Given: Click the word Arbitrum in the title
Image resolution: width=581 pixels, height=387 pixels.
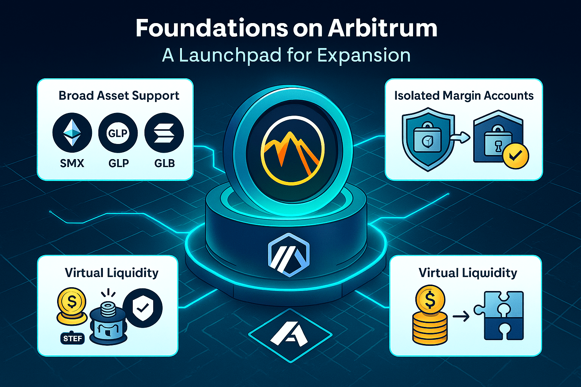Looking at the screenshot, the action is [x=382, y=28].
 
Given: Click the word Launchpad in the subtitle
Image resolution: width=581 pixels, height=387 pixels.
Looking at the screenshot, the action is [x=230, y=56].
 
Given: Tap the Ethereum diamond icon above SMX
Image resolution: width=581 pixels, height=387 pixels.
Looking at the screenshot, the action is [x=72, y=133].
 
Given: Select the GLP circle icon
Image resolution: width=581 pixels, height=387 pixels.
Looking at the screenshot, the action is [x=118, y=133].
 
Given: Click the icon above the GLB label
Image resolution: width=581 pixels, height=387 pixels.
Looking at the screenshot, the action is [x=164, y=133].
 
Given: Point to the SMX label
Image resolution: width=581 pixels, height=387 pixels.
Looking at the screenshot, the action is [x=72, y=163].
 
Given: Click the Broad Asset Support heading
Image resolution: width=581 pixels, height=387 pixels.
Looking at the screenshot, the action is [x=119, y=96].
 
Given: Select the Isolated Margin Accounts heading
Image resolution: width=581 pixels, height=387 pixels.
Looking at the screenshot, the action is [x=464, y=96].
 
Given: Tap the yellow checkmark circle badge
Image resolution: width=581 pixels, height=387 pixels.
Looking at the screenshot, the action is [x=516, y=155].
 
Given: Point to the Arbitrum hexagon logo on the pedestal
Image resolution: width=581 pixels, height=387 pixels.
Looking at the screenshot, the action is [x=289, y=254].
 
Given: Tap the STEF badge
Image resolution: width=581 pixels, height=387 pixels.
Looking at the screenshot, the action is [x=72, y=338].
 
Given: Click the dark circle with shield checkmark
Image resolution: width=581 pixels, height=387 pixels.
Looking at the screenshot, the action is [x=143, y=308].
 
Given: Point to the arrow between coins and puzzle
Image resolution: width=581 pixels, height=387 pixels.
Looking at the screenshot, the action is [x=461, y=316].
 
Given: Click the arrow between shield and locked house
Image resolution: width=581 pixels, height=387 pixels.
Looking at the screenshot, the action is [x=462, y=138].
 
